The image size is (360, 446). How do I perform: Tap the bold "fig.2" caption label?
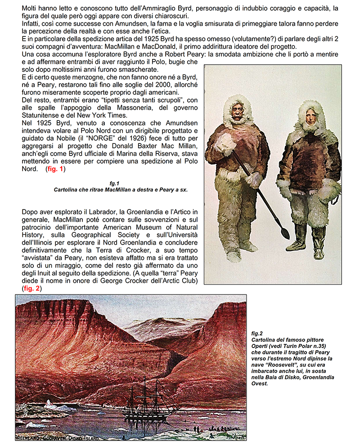[257, 333]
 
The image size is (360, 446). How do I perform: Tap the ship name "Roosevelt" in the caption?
[286, 365]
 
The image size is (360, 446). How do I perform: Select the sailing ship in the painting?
[142, 402]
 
